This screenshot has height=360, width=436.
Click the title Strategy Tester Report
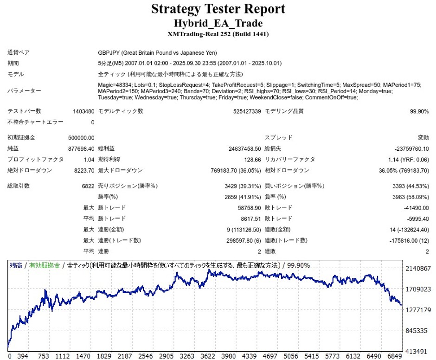coord(218,9)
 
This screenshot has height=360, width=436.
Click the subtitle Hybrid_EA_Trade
coord(218,23)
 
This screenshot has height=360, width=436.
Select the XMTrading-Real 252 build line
coord(218,34)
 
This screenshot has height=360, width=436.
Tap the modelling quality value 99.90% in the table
coord(419,111)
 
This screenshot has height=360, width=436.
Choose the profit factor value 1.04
coord(89,160)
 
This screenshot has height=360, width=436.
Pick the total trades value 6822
coord(87,186)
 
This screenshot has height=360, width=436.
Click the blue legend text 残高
coord(16,265)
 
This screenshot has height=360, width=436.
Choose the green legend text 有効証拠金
coord(45,265)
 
